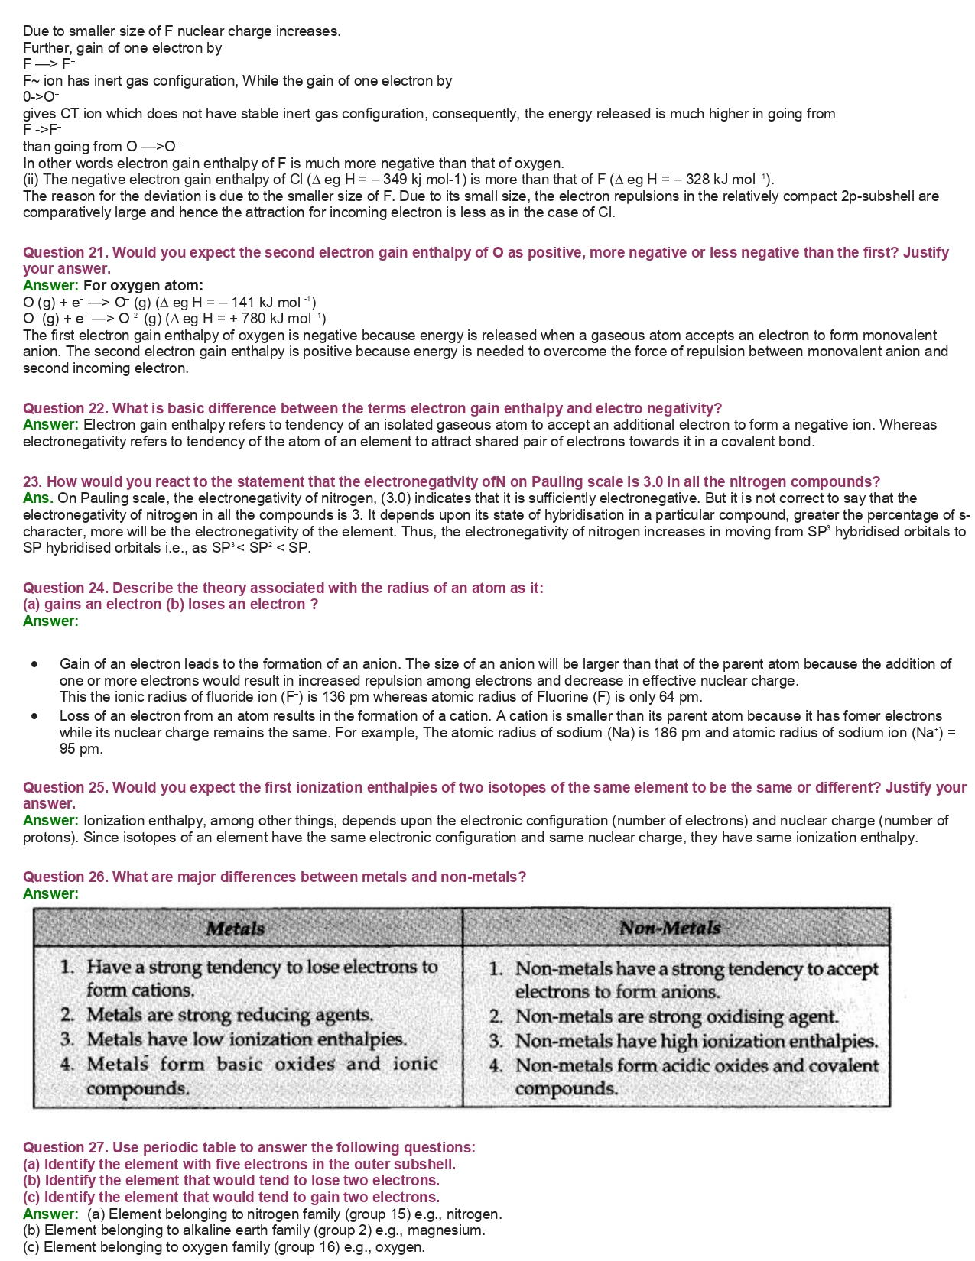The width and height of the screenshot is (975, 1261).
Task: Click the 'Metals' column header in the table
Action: point(235,929)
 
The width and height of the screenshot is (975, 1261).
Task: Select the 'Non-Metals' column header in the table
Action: point(670,928)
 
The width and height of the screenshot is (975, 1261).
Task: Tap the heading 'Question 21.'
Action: point(66,252)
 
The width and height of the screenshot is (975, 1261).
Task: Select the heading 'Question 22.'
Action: point(66,408)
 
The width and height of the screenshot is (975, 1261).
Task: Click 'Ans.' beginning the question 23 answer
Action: point(37,498)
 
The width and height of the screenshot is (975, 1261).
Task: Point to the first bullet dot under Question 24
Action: point(34,664)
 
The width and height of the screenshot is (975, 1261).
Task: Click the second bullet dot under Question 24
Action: point(34,716)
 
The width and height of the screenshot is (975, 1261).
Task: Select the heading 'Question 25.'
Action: point(66,787)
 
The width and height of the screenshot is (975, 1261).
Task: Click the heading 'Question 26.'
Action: point(66,877)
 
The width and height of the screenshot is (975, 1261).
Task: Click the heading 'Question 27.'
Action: point(66,1147)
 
